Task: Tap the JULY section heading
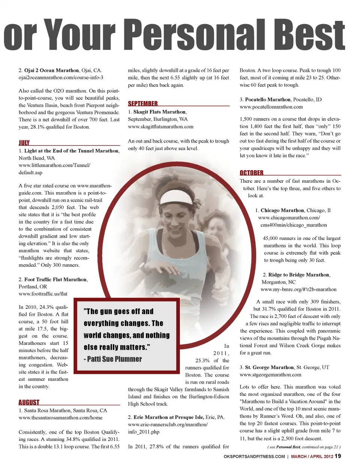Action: click(24, 143)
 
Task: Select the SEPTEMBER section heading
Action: click(142, 104)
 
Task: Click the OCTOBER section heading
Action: click(251, 173)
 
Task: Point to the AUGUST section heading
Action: click(29, 402)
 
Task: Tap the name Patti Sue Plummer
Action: click(114, 359)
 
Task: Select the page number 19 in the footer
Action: click(337, 456)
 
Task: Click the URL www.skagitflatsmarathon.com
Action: click(160, 126)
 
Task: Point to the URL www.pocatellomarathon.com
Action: click(271, 107)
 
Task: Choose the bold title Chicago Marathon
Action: click(282, 210)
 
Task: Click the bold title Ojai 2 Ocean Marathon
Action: click(51, 70)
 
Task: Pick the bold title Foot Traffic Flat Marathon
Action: click(55, 279)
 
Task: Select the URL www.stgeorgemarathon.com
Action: click(270, 374)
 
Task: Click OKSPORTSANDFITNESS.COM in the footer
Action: click(254, 456)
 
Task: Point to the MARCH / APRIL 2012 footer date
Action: click(312, 456)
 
